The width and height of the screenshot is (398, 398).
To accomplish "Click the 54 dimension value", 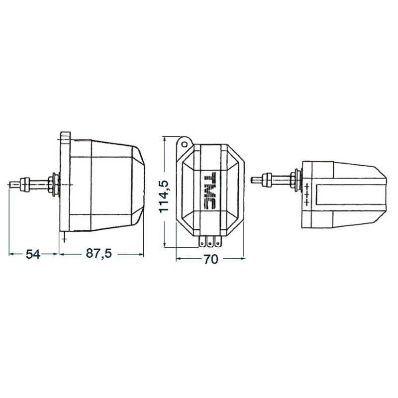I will [33, 254].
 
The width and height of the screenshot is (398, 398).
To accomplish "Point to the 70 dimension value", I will [211, 259].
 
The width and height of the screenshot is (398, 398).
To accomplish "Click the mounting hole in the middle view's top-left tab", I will [185, 144].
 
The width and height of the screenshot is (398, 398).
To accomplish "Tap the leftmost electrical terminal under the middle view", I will [202, 242].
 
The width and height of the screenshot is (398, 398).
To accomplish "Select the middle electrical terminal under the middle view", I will [210, 242].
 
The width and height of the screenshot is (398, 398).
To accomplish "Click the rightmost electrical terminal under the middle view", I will [217, 242].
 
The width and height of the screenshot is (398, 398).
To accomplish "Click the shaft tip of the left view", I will [11, 185].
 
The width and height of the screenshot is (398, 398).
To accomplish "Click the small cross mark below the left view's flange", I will [64, 239].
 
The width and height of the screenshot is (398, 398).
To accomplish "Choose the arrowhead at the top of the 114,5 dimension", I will [165, 138].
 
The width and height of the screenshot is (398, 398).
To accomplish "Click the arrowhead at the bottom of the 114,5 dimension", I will [165, 244].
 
